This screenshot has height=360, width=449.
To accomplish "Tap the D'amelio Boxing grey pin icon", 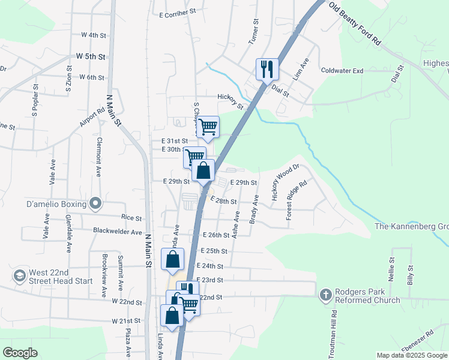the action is coord(95,204).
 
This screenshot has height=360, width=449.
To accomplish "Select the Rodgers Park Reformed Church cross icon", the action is coord(325,295).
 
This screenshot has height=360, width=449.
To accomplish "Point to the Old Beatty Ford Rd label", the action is coord(355,23).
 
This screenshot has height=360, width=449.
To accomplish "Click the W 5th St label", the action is coord(91,56).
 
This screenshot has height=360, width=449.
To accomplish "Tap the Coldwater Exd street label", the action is coord(342,71).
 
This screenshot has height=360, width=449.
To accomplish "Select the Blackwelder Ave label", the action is coord(118,231).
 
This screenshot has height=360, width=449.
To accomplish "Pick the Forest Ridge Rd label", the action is coord(297,200).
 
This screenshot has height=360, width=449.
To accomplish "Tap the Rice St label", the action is coord(131,219).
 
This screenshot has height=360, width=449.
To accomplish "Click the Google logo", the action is coord(20,353).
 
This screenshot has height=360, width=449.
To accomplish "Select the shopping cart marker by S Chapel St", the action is coord(208,127).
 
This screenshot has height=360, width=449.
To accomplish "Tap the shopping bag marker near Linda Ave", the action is coord(172,259).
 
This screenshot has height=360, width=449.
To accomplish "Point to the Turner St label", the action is coord(255,32).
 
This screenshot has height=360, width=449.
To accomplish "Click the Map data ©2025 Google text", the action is coord(412,355).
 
